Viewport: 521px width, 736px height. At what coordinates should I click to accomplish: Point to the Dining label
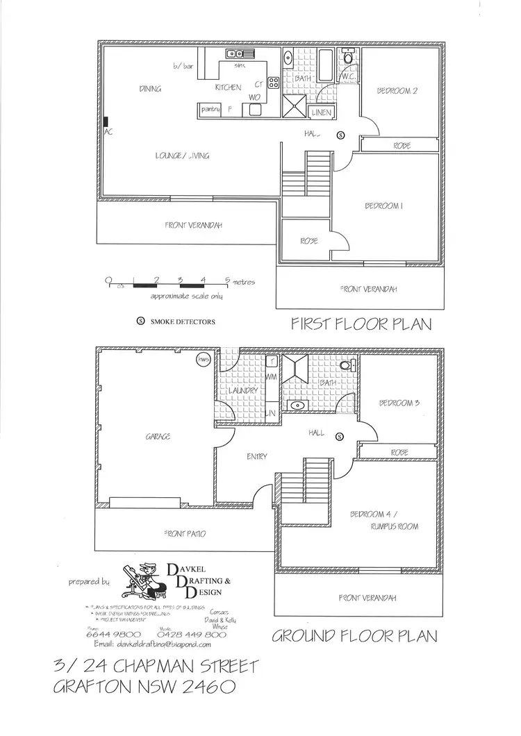click(x=150, y=88)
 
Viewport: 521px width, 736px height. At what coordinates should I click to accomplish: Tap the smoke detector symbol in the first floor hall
click(x=340, y=135)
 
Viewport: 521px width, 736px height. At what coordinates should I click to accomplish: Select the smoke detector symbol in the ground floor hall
click(x=340, y=436)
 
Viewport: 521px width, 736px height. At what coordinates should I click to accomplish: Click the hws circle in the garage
click(x=204, y=360)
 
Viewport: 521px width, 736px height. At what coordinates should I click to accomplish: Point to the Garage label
click(x=158, y=436)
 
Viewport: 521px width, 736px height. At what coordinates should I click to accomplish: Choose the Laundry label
click(x=243, y=391)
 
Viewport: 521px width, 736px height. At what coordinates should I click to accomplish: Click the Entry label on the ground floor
click(x=257, y=456)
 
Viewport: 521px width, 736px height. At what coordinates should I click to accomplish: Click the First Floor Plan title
click(x=361, y=324)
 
